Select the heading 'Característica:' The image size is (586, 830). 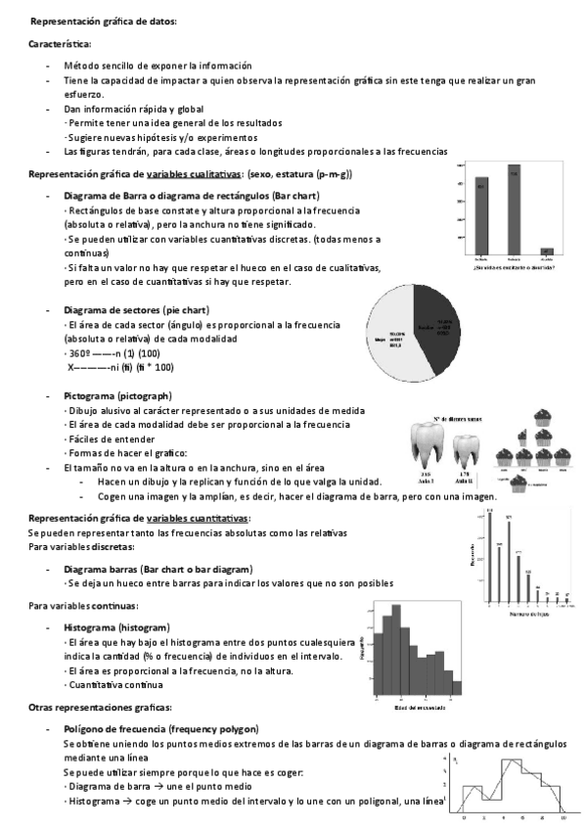tap(60, 44)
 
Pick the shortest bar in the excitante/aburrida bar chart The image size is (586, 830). tap(547, 252)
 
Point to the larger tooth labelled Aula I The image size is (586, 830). tap(428, 441)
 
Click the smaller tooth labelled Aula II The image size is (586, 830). tap(466, 449)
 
